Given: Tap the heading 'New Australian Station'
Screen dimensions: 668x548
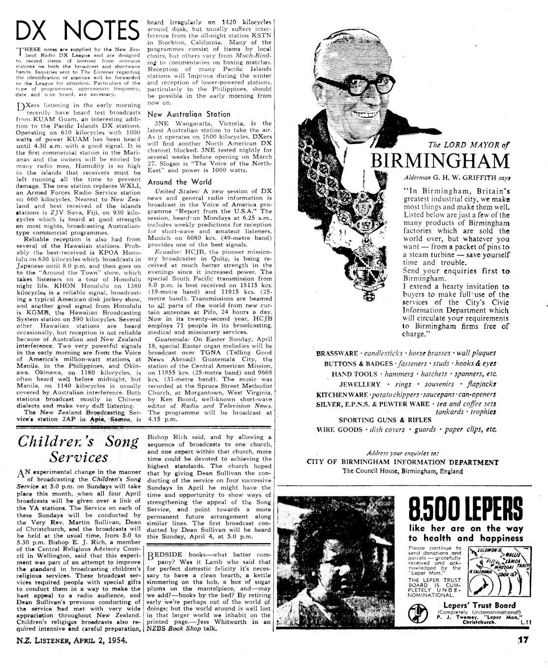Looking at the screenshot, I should (x=182, y=114).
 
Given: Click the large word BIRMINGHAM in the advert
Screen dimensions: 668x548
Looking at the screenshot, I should (x=440, y=161).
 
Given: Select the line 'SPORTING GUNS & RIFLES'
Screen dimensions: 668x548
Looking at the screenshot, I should (x=377, y=420).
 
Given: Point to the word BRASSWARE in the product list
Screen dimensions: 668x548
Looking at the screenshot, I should (x=337, y=353).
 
